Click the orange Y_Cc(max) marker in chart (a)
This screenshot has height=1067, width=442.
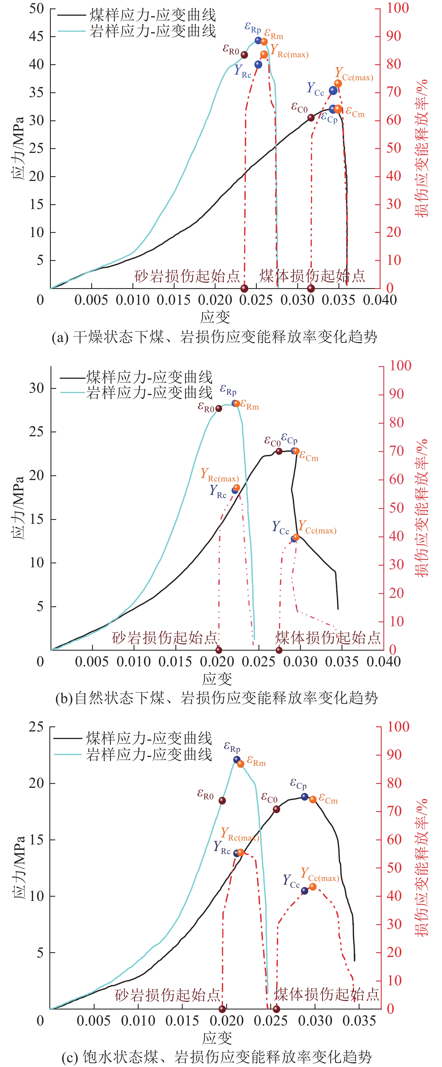pos(338,84)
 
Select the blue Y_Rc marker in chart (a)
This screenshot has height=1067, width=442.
pos(258,65)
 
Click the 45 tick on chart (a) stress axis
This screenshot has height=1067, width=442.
pos(36,36)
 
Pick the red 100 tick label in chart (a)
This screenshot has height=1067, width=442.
pos(398,8)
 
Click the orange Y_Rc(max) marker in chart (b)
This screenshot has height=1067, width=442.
pos(237,488)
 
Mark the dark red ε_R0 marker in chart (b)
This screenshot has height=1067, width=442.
pos(219,409)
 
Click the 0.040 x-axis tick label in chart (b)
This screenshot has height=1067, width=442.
pos(384,662)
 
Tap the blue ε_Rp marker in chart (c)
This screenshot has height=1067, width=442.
pos(237,760)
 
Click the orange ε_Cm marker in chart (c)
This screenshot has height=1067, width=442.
pos(313,799)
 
